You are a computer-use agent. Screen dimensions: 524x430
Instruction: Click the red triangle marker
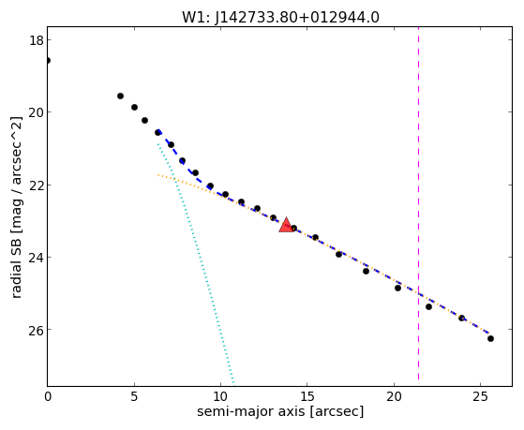[x=287, y=225]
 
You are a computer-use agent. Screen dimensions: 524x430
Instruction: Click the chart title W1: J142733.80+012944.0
[x=280, y=18]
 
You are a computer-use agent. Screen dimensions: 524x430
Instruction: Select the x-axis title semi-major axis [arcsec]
[x=280, y=411]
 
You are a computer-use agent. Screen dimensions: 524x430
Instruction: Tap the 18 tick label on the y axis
[x=36, y=40]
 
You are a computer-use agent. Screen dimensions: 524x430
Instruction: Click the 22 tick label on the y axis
[x=36, y=185]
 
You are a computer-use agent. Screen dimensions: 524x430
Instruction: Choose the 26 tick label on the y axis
[x=36, y=330]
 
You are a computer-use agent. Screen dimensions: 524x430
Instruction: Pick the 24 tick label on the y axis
[x=36, y=258]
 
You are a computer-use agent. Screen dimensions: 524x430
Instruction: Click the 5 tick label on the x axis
[x=134, y=396]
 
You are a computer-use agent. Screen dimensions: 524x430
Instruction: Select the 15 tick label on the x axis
[x=307, y=396]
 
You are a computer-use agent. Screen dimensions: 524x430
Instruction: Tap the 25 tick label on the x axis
[x=480, y=396]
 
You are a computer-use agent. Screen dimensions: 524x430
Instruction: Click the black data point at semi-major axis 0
[x=48, y=61]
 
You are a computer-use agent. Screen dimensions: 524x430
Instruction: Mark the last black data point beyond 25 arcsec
[x=490, y=339]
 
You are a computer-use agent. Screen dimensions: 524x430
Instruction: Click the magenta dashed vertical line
[x=418, y=203]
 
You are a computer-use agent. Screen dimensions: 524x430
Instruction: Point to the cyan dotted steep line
[x=196, y=263]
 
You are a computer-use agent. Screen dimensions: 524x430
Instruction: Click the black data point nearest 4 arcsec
[x=120, y=96]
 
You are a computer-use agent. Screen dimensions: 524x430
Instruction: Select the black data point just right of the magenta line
[x=428, y=306]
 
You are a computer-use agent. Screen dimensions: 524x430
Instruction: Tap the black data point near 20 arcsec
[x=397, y=288]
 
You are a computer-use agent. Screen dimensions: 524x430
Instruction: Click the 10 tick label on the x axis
[x=220, y=396]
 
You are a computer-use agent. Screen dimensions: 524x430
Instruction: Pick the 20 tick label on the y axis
[x=36, y=112]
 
